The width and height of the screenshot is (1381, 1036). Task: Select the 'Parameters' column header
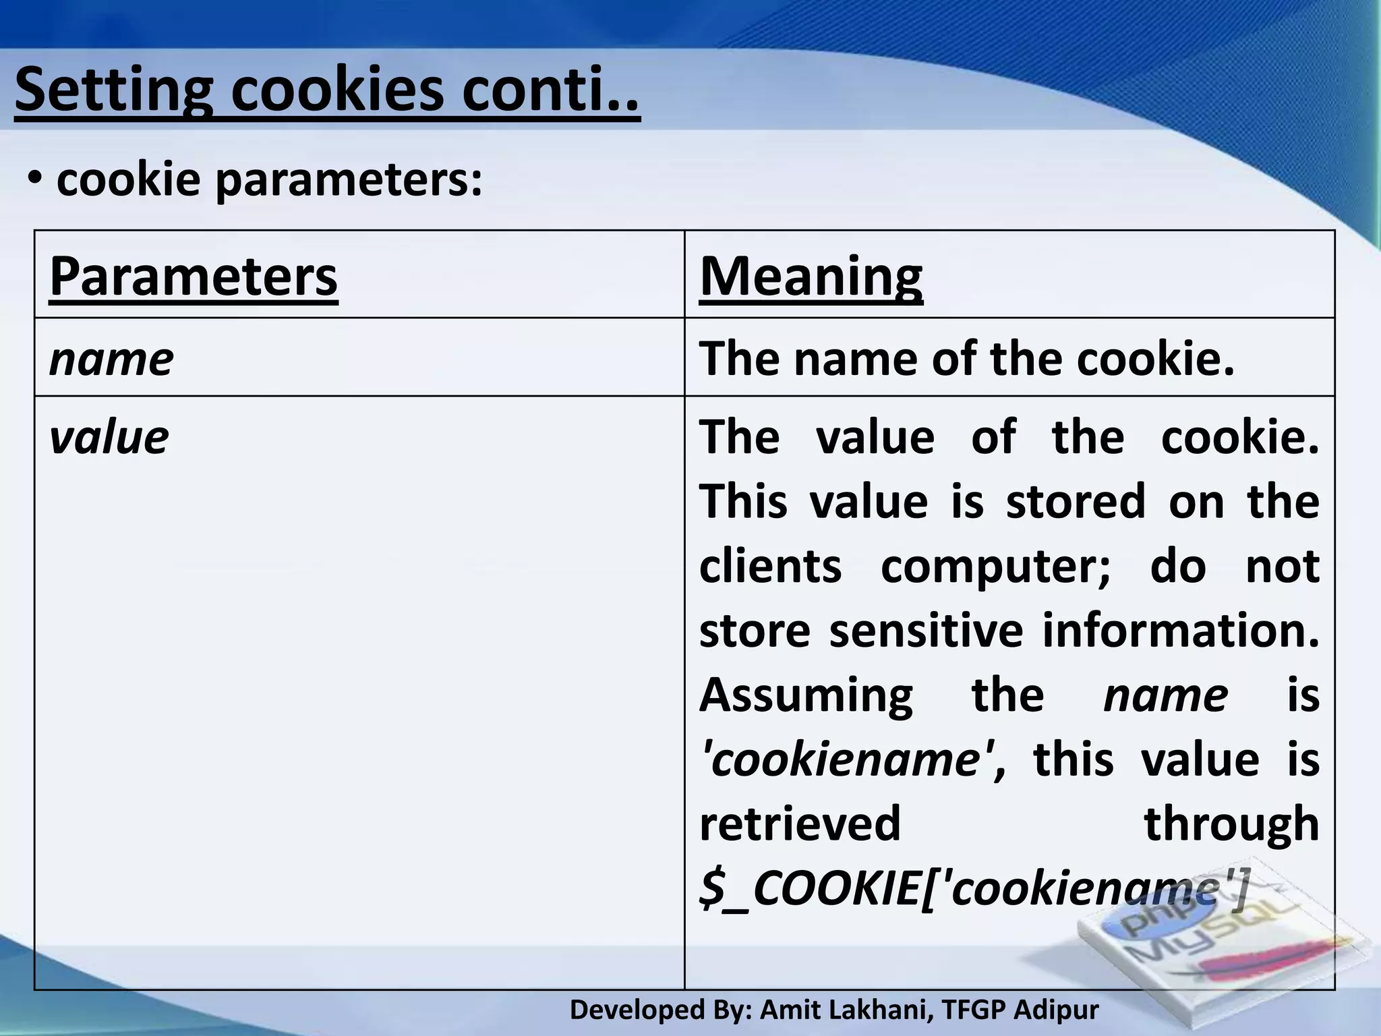point(194,277)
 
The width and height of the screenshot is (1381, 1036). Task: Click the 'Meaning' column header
point(811,277)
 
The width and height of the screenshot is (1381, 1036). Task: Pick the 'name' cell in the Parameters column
point(111,359)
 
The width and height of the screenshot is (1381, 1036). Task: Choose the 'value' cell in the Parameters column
point(109,438)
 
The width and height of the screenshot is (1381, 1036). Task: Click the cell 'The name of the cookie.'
point(967,358)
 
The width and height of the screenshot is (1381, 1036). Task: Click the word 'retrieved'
point(800,824)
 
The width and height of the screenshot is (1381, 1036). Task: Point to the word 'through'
point(1231,824)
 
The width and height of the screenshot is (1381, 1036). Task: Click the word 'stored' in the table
point(1076,502)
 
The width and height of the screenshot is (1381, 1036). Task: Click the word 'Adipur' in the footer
point(1056,1010)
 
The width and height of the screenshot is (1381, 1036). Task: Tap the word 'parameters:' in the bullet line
point(349,179)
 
